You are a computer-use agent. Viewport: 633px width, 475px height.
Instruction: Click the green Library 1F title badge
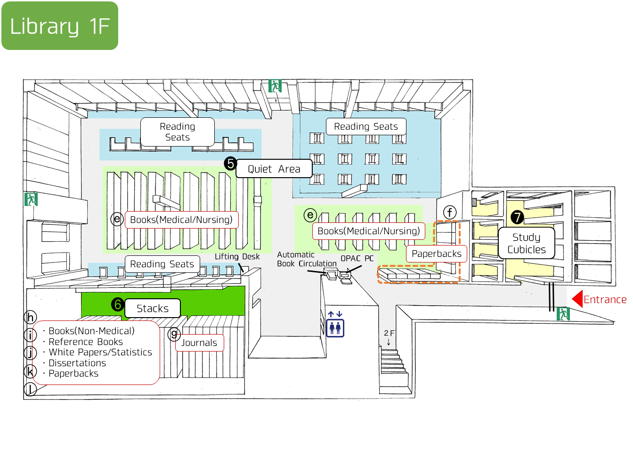(x=60, y=25)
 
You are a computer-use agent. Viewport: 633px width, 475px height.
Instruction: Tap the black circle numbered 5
(x=230, y=164)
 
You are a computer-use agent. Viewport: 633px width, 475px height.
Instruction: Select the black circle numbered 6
(x=118, y=304)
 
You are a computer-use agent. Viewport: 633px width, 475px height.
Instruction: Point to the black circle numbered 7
(x=517, y=217)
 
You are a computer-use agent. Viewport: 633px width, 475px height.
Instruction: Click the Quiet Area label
(x=274, y=169)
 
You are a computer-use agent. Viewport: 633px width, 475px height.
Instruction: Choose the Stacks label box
(x=153, y=308)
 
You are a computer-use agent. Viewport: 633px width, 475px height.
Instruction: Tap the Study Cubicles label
(x=526, y=243)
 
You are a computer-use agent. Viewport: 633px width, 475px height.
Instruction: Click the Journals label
(x=199, y=343)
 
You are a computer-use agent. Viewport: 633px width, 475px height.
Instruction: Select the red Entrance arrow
(x=577, y=299)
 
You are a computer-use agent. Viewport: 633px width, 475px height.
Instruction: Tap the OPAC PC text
(x=357, y=258)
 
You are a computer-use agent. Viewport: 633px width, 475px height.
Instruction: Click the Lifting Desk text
(x=237, y=256)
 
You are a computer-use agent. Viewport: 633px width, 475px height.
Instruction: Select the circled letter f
(x=450, y=213)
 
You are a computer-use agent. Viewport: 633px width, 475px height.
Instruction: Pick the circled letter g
(x=174, y=334)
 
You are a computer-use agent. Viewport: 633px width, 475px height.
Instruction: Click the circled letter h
(x=30, y=317)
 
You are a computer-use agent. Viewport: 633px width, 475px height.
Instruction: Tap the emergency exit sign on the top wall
(x=275, y=86)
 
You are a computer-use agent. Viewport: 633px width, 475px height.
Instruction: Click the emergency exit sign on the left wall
(x=31, y=199)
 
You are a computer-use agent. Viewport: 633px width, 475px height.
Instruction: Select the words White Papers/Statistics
(x=100, y=352)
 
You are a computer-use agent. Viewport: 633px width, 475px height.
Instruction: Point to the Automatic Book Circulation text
(x=307, y=259)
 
